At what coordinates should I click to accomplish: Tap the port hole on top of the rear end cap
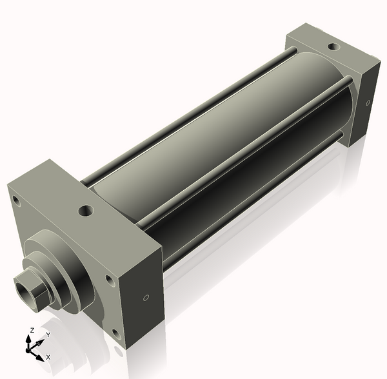pyautogui.click(x=332, y=47)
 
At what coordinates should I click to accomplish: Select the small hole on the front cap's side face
pyautogui.click(x=146, y=298)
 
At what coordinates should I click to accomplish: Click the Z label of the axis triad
pyautogui.click(x=32, y=330)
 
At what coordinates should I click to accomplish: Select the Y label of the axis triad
pyautogui.click(x=47, y=335)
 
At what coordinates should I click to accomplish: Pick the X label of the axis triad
pyautogui.click(x=48, y=356)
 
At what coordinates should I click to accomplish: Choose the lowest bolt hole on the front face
pyautogui.click(x=116, y=334)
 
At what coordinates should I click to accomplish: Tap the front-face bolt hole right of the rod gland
pyautogui.click(x=107, y=280)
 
